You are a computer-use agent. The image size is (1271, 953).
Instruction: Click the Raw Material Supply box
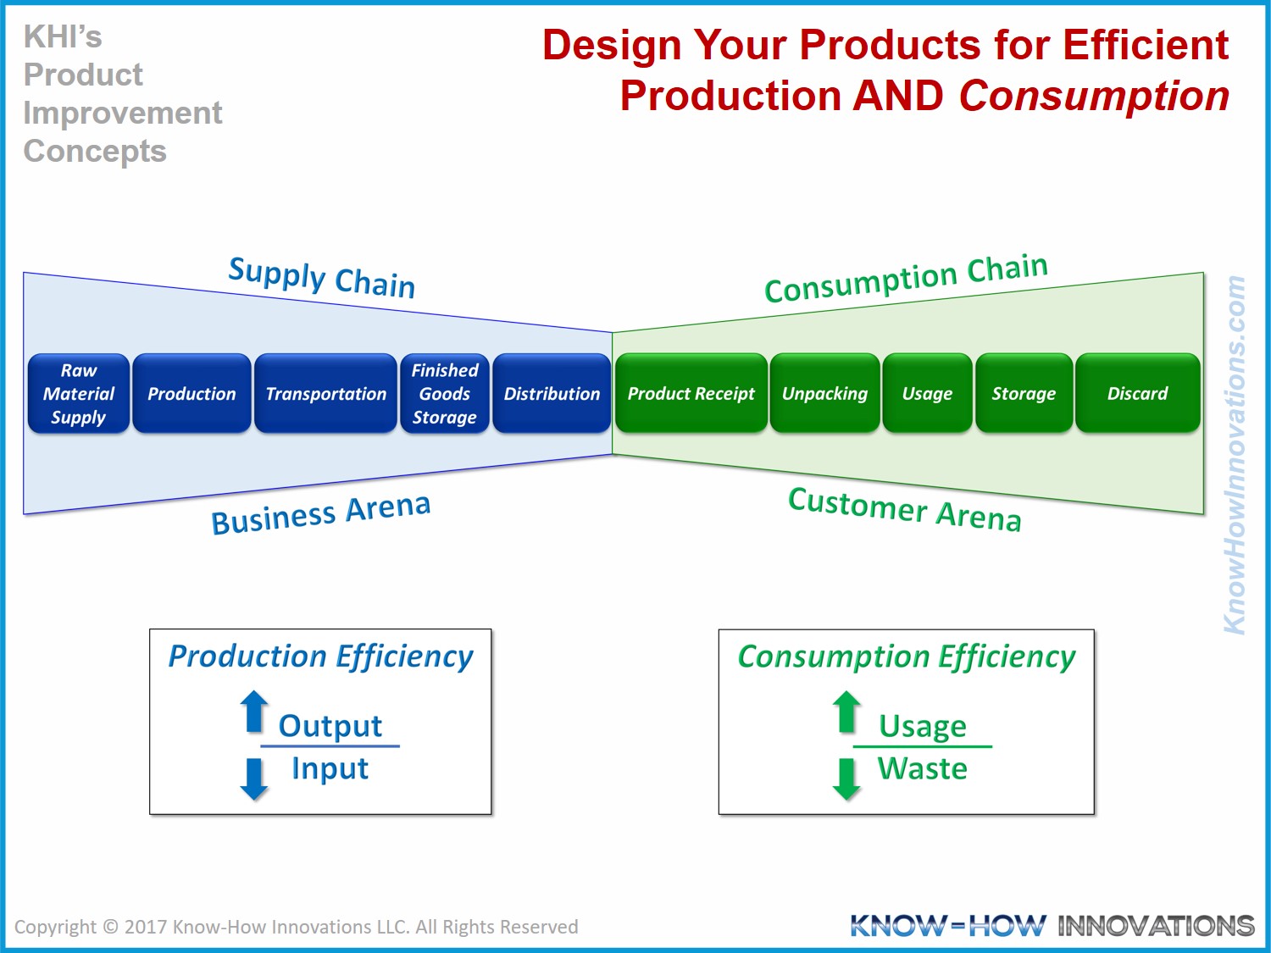pos(79,394)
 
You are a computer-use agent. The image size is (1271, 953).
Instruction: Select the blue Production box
pos(191,394)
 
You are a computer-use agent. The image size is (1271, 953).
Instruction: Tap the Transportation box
pos(325,394)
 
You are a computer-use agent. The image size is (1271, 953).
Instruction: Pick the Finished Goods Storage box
pos(445,394)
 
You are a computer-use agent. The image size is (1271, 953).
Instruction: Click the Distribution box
pos(552,394)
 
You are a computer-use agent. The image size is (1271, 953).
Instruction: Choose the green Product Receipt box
pos(691,394)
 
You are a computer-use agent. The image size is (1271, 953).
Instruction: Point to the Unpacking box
pos(824,394)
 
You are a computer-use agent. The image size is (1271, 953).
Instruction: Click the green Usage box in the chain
pos(927,394)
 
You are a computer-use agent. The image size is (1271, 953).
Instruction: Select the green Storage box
pos(1024,394)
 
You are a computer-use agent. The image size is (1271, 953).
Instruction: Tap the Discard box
pos(1137,394)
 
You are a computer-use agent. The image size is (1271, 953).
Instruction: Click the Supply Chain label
pos(322,277)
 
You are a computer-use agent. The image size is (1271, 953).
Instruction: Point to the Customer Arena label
pos(904,509)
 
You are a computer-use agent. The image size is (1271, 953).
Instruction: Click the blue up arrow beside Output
pos(253,711)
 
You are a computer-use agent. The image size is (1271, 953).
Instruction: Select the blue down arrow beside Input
pos(253,778)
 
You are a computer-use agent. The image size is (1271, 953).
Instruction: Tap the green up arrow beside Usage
pos(846,711)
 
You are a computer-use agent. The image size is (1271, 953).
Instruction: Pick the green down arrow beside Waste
pos(846,778)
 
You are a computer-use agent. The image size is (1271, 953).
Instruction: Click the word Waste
pos(923,769)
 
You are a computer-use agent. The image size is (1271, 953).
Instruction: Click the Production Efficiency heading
pos(320,657)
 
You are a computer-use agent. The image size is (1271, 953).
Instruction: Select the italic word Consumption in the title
pos(1094,96)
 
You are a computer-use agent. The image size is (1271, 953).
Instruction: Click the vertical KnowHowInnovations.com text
pos(1235,455)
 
